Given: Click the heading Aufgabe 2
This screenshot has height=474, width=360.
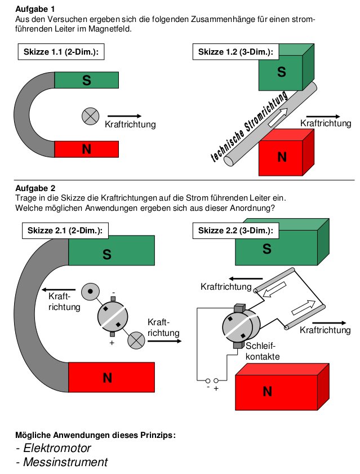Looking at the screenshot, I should pos(35,188).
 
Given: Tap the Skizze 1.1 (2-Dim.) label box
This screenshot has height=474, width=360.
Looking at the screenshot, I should pos(61,52).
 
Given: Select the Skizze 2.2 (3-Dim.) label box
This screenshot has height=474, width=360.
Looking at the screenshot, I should pos(235,231).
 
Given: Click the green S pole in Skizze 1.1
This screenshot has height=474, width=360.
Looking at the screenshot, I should pos(87,80).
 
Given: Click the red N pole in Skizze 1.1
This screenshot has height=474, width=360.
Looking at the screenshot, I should pos(87,149).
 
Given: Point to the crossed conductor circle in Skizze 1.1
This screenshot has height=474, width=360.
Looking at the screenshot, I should pos(90,116).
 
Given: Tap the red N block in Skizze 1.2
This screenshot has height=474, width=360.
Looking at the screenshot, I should pos(282,157).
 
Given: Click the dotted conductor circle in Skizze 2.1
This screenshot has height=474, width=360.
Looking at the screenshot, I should pos(90,291).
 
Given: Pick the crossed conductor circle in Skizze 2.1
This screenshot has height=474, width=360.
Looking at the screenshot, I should pos(136,340).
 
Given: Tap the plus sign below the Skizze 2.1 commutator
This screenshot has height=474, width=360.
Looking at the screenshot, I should pos(112,343).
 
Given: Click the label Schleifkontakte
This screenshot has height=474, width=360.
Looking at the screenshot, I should pos(263,352).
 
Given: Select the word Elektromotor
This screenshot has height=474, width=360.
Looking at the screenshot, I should pos(57,448).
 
